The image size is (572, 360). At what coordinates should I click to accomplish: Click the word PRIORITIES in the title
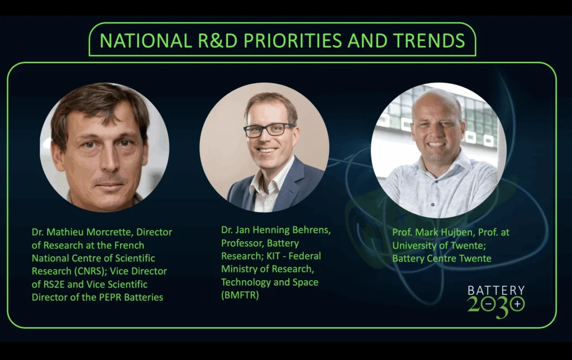(293, 40)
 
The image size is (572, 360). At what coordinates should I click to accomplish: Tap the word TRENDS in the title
(429, 40)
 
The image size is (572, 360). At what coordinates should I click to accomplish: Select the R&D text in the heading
(217, 40)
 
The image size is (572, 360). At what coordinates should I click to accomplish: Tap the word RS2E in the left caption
(55, 284)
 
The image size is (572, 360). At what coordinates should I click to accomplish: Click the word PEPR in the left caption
(110, 297)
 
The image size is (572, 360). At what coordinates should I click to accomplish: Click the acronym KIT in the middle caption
(273, 256)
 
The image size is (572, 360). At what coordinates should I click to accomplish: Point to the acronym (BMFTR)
(240, 295)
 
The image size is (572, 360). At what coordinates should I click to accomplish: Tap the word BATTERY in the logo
(496, 290)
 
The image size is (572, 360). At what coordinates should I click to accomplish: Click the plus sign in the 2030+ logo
(517, 304)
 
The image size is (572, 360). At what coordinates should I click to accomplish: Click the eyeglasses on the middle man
(269, 130)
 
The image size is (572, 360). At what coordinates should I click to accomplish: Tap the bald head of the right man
(436, 103)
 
